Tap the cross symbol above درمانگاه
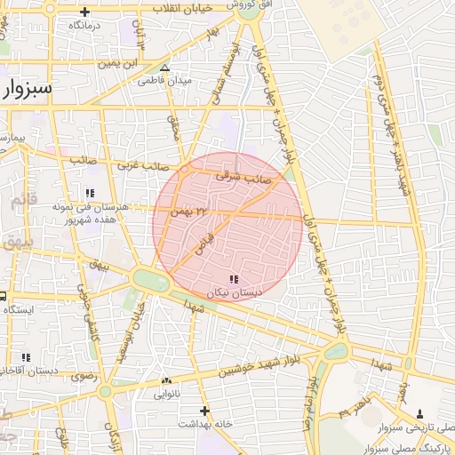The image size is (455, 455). pyautogui.click(x=84, y=12)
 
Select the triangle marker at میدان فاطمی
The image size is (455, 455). pyautogui.click(x=164, y=68)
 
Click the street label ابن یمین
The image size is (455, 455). pyautogui.click(x=116, y=63)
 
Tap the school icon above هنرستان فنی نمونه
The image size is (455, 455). pyautogui.click(x=89, y=192)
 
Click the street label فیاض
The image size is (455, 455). pyautogui.click(x=205, y=238)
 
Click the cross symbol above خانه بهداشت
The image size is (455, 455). pyautogui.click(x=205, y=411)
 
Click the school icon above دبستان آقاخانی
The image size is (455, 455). pyautogui.click(x=27, y=357)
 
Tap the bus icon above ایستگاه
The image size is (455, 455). pyautogui.click(x=3, y=296)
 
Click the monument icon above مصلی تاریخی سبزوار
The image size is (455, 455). pyautogui.click(x=419, y=414)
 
